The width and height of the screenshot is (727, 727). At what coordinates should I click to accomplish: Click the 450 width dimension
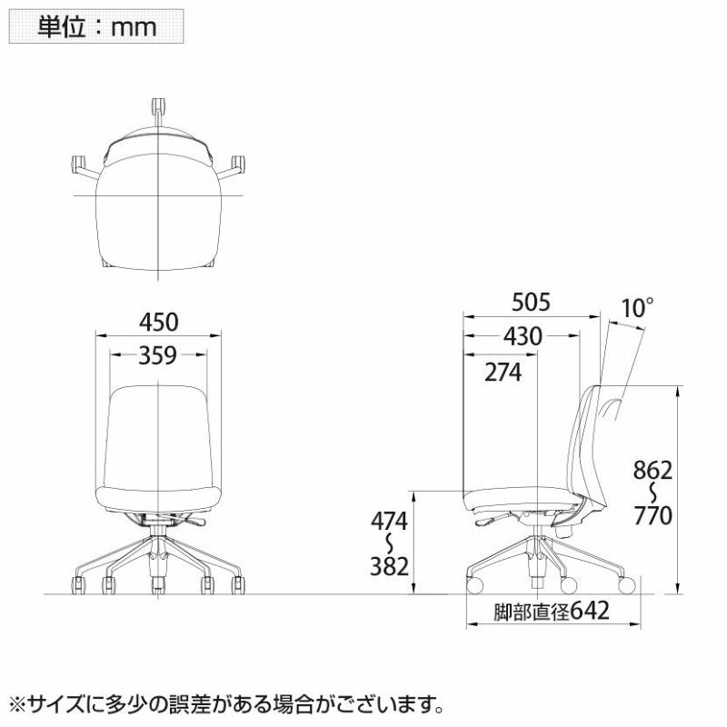point(158,323)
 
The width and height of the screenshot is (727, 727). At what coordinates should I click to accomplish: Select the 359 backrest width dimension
point(157,355)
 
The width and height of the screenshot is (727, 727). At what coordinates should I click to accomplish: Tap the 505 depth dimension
point(531,303)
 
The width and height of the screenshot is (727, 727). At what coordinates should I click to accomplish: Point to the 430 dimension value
point(523,336)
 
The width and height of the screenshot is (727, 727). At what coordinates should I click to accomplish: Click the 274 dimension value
point(503,372)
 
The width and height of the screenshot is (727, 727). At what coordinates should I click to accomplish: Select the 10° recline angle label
point(637,308)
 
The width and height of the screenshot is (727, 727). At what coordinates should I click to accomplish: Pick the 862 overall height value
point(652,470)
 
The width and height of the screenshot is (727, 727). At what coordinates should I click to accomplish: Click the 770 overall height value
point(652,515)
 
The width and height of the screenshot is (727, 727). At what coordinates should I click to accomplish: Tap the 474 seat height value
point(389,521)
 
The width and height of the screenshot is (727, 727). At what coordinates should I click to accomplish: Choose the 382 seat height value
point(389,566)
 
